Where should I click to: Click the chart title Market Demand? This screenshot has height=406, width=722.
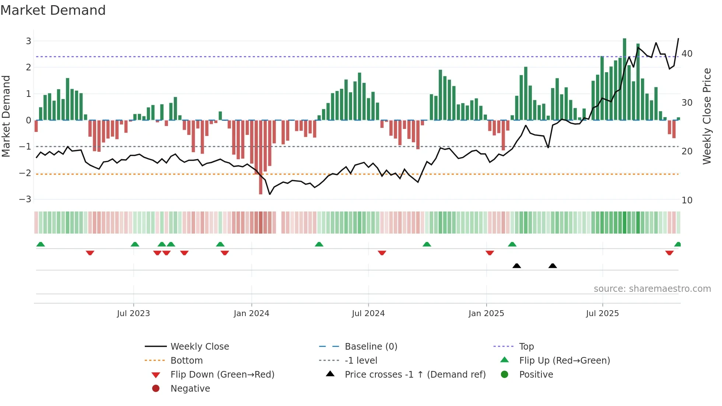click(x=53, y=10)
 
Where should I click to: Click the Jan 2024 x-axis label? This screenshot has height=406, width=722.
click(x=251, y=314)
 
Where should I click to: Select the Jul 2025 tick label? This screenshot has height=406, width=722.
click(x=602, y=314)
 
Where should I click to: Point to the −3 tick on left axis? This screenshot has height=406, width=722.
click(x=25, y=199)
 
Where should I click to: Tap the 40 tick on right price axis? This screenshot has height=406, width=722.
click(x=687, y=54)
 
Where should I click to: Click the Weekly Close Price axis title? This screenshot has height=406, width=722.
click(x=707, y=116)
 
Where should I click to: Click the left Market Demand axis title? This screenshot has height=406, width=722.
click(x=6, y=116)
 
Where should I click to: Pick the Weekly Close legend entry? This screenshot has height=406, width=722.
click(x=199, y=347)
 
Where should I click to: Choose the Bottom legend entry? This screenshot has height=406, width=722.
click(x=186, y=361)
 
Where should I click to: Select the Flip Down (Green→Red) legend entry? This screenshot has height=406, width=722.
click(x=222, y=375)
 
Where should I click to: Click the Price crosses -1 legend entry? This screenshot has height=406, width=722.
click(x=415, y=375)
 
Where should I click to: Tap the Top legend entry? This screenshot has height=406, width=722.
click(x=526, y=347)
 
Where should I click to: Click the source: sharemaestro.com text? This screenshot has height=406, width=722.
click(x=652, y=289)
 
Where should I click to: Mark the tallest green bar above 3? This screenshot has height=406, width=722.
click(x=624, y=79)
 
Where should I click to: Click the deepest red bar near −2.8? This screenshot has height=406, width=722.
click(x=261, y=158)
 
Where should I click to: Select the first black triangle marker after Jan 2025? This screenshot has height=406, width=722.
click(x=516, y=266)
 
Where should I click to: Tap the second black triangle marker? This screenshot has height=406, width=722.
click(x=553, y=266)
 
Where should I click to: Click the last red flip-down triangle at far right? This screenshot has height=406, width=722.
click(x=669, y=253)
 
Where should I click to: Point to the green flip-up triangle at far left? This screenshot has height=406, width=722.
click(x=41, y=244)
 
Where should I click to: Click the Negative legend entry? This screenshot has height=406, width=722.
click(x=190, y=389)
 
